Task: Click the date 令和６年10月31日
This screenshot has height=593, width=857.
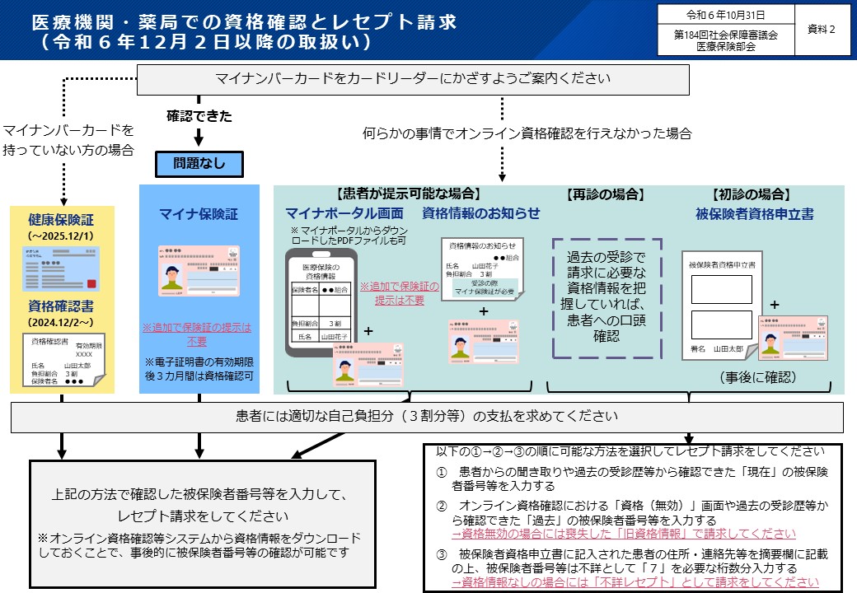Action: tap(725, 15)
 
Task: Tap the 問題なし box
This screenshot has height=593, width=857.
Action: tap(199, 163)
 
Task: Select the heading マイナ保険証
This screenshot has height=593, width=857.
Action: tap(199, 214)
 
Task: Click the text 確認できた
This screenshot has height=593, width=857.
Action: tap(198, 115)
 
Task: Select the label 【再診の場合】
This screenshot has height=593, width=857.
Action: tap(604, 195)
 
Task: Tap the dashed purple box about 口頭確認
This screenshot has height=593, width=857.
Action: tap(606, 298)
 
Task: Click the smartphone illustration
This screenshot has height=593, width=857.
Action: tap(322, 303)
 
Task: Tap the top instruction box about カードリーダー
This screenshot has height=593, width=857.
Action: tap(412, 79)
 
